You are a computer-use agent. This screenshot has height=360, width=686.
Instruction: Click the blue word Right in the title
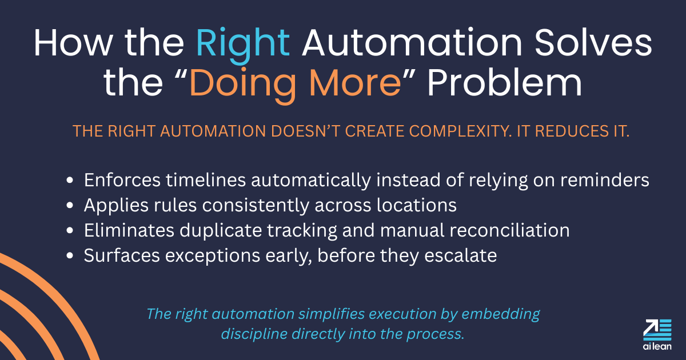pyautogui.click(x=243, y=43)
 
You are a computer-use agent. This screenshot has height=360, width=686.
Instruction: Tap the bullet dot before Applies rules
pyautogui.click(x=70, y=206)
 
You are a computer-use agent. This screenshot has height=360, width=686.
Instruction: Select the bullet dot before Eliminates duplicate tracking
pyautogui.click(x=70, y=231)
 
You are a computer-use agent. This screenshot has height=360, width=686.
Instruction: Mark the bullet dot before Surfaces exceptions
pyautogui.click(x=70, y=256)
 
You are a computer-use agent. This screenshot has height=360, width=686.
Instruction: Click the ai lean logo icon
pyautogui.click(x=657, y=329)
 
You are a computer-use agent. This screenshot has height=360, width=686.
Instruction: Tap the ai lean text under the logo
pyautogui.click(x=657, y=346)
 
